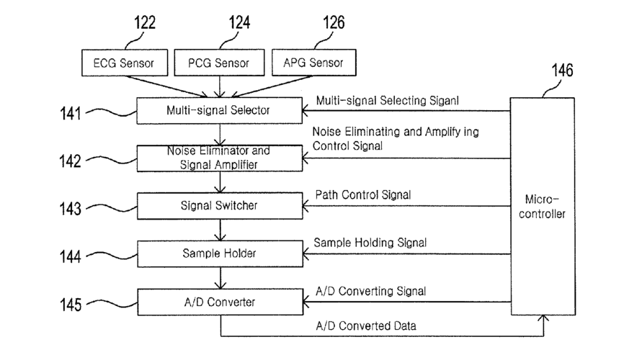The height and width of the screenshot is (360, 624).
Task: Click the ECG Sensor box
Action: (125, 63)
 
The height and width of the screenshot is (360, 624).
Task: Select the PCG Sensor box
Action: (219, 63)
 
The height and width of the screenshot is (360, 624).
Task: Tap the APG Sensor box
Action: (314, 63)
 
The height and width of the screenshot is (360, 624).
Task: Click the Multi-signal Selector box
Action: (219, 111)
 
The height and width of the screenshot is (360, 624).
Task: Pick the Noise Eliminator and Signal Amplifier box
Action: (220, 158)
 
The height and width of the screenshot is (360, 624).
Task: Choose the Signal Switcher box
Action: (220, 206)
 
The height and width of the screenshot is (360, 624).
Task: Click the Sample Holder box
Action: (220, 253)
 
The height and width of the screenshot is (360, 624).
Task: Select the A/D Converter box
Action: (220, 302)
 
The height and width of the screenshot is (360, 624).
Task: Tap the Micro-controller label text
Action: (542, 207)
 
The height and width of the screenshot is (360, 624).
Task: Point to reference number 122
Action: (144, 22)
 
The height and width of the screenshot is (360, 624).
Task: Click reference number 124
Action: (239, 22)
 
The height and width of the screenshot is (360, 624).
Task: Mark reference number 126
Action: (334, 22)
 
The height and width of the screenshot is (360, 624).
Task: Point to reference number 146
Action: (562, 71)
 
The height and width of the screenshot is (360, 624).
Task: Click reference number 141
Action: (70, 114)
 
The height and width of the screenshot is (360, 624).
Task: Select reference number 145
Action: (71, 305)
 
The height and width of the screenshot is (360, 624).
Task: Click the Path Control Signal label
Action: (363, 195)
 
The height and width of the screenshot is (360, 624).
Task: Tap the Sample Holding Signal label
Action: (370, 243)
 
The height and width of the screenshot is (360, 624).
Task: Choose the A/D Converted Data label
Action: (366, 326)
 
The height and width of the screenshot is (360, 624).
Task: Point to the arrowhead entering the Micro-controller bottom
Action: (543, 318)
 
